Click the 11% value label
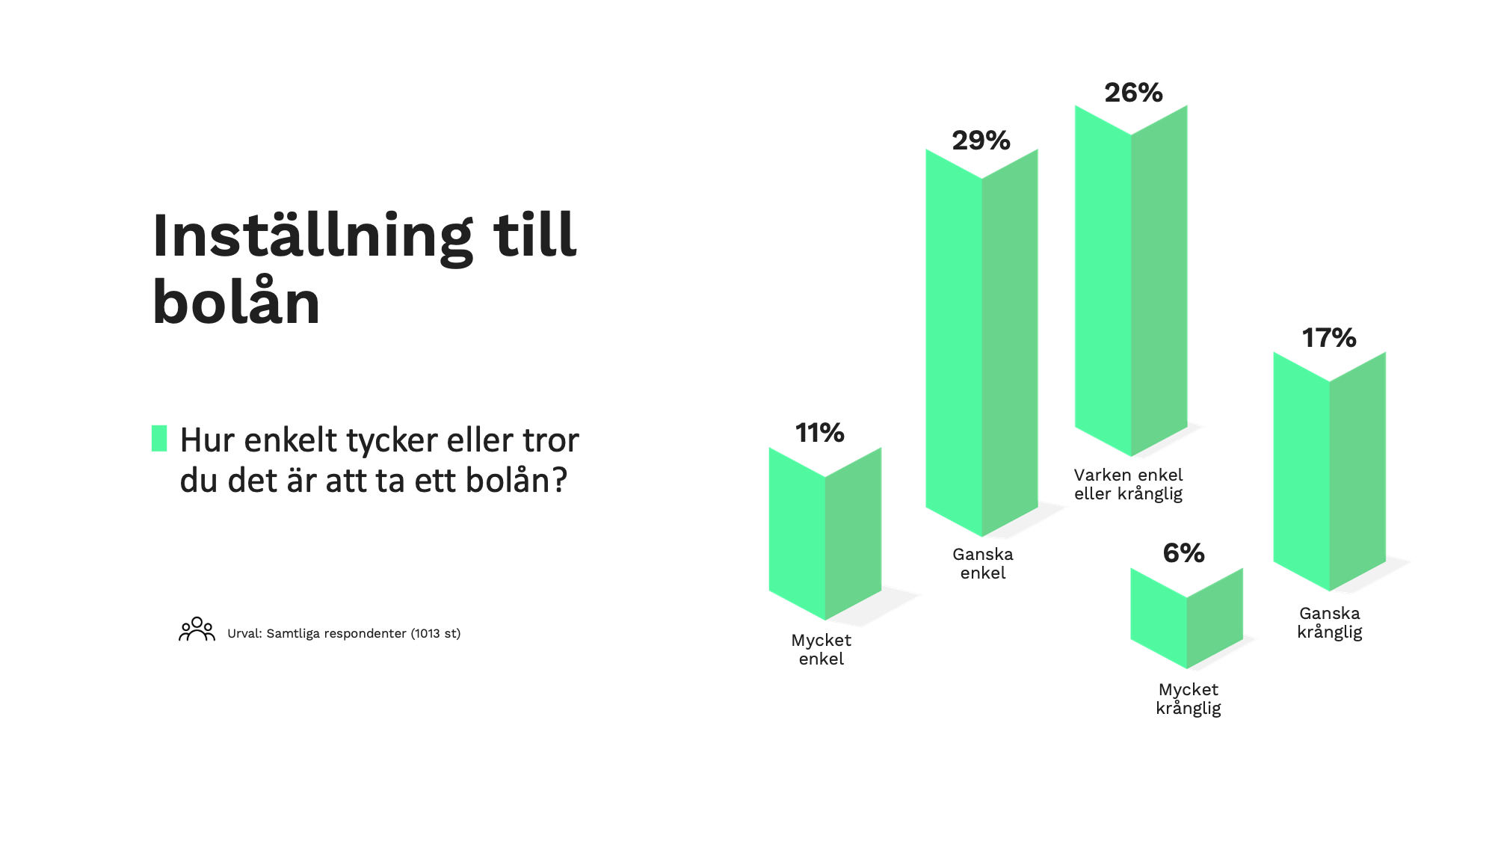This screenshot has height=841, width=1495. (x=819, y=433)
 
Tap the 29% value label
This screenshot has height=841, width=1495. (x=981, y=141)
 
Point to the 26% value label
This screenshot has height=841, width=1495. (x=1133, y=93)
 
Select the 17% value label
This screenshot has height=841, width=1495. (x=1329, y=338)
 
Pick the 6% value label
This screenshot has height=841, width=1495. (x=1184, y=553)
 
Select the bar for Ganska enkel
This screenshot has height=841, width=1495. (x=981, y=342)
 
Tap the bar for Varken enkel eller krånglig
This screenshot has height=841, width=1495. (x=1131, y=280)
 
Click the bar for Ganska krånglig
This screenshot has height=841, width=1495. (x=1330, y=471)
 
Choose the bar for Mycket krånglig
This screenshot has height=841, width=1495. (x=1187, y=618)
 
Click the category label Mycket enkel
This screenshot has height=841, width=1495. (x=821, y=650)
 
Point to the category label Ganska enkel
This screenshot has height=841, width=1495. (x=983, y=564)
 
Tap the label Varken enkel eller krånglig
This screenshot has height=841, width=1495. (x=1129, y=484)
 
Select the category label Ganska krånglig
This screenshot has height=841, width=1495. (x=1330, y=623)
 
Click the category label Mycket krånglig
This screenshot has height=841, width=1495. (x=1189, y=699)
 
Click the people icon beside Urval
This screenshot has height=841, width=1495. (x=197, y=629)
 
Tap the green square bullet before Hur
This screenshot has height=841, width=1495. (x=159, y=438)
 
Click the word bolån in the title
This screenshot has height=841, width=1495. (x=236, y=302)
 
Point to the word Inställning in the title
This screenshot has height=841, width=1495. (x=312, y=236)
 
